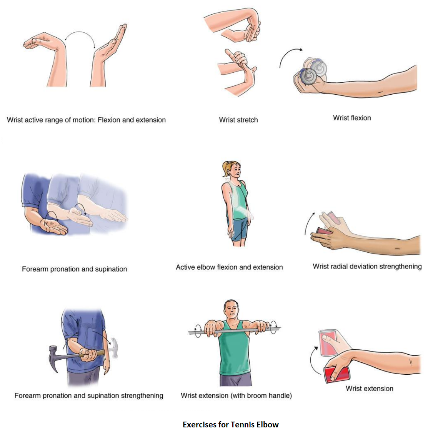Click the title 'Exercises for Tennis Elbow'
pos(230,424)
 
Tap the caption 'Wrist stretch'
pos(238,120)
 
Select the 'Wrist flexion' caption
pos(352,118)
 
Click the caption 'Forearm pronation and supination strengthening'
pos(89,395)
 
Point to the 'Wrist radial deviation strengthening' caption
pos(367,267)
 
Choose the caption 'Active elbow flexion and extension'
pos(229,267)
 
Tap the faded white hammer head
pos(114,347)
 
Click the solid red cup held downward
pos(336,374)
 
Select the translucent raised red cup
pos(328,343)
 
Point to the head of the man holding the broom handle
pos(231,309)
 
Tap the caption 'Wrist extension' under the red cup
pos(370,389)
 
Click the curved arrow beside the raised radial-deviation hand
pos(309,223)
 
